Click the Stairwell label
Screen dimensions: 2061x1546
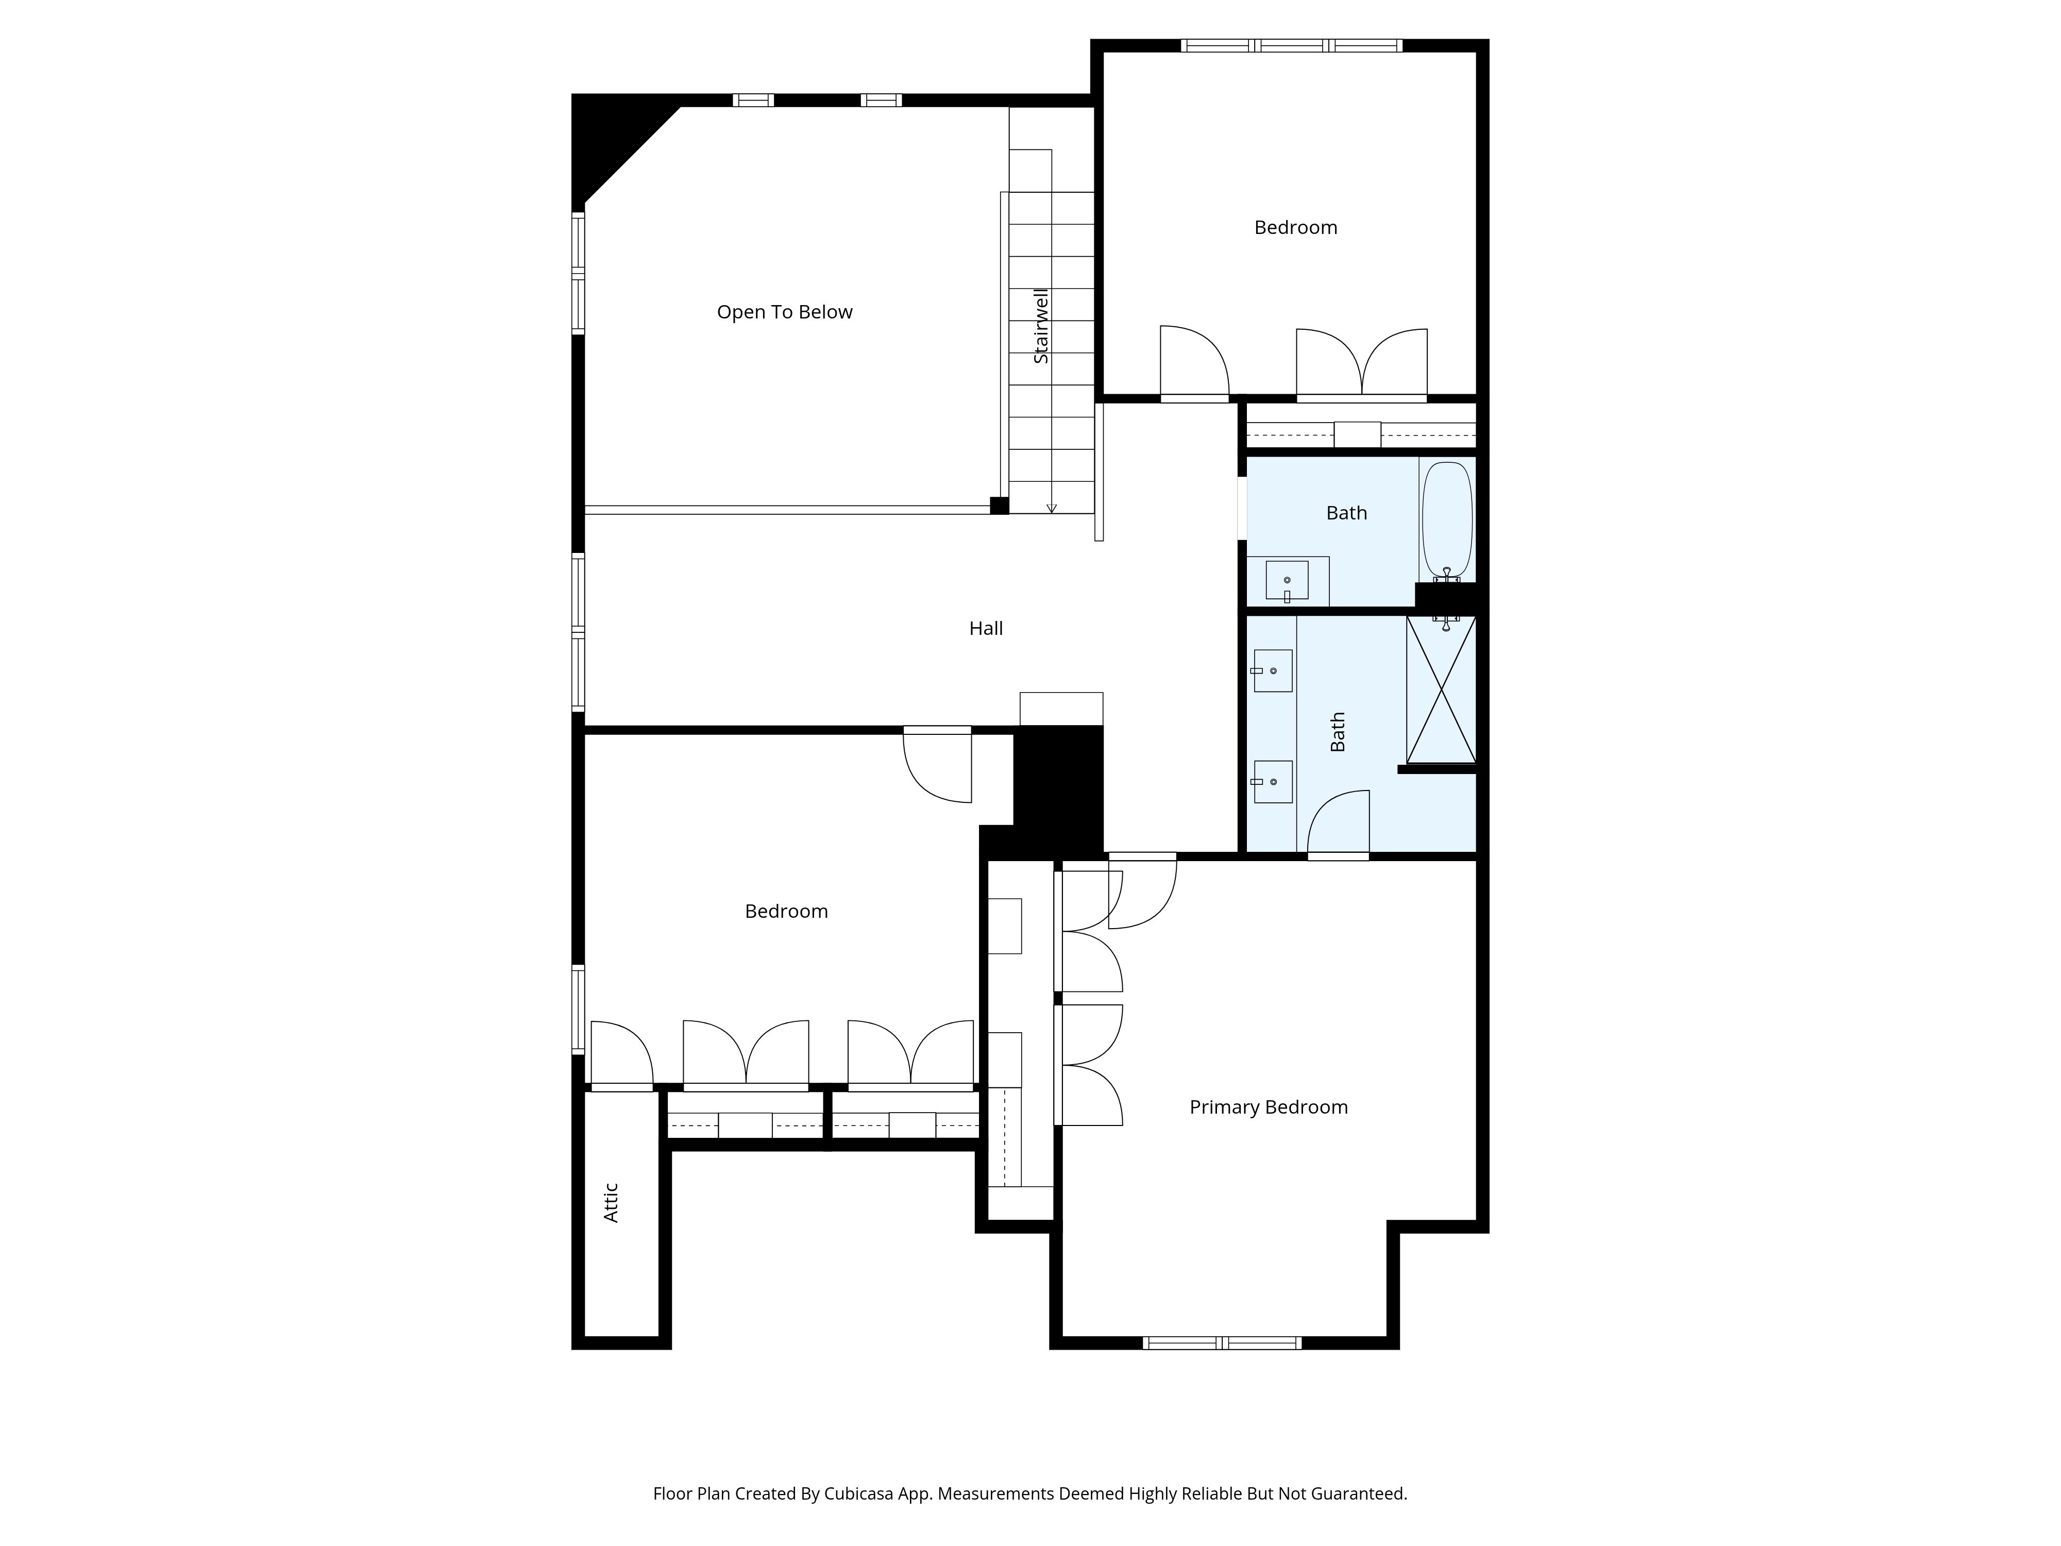pos(1041,325)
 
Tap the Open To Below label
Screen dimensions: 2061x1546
pos(785,312)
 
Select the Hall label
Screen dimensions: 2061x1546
pos(986,628)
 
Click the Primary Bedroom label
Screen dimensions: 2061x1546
pos(1268,1107)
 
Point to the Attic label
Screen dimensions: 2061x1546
pos(611,1202)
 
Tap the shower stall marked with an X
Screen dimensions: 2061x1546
pos(1441,690)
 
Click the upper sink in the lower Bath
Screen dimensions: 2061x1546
pos(1273,671)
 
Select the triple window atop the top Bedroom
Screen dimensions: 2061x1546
pos(1291,45)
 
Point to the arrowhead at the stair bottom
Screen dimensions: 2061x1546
pos(1052,508)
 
